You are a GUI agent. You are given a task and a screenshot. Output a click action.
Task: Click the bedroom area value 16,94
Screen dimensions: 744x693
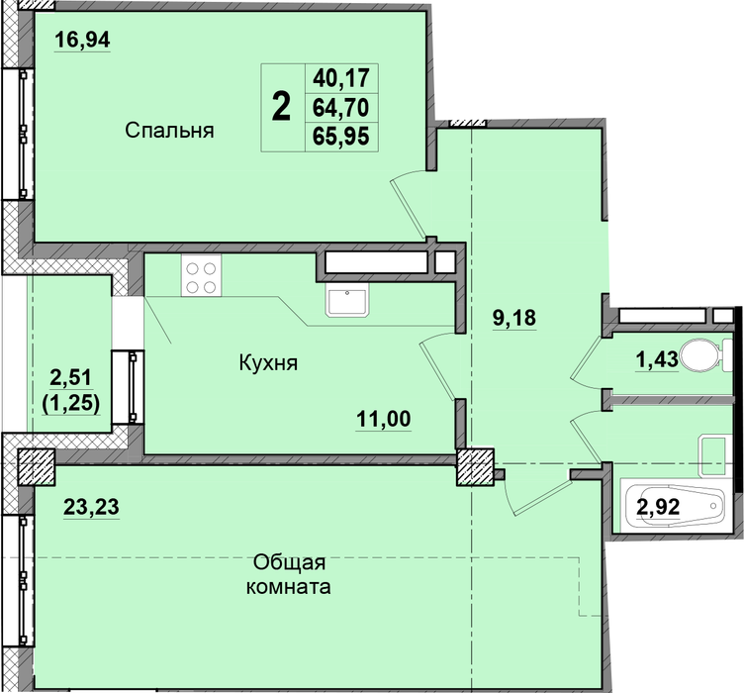(82, 40)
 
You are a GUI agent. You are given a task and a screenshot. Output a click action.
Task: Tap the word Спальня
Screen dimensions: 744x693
(169, 130)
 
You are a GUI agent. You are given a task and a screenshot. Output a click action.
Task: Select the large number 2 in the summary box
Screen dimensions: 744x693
(281, 107)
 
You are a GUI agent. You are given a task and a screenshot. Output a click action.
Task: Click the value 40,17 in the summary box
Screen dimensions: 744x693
(340, 78)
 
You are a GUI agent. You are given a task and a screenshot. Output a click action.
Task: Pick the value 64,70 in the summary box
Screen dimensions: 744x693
(340, 108)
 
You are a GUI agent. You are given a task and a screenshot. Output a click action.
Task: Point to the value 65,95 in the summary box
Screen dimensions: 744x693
(340, 137)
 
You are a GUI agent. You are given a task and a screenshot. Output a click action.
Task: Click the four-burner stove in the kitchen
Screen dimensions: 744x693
(201, 276)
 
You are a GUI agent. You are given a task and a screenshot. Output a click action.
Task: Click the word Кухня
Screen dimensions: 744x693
(268, 363)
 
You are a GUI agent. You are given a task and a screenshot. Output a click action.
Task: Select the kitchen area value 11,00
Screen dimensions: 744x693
(384, 419)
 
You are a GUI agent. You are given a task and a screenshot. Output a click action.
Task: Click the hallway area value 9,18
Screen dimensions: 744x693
(514, 317)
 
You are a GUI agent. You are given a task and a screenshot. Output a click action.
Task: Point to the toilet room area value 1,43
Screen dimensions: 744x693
(657, 360)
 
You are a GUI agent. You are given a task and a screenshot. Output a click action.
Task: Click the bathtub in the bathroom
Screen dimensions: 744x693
(673, 507)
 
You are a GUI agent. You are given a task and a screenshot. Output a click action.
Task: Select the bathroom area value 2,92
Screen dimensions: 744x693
(658, 507)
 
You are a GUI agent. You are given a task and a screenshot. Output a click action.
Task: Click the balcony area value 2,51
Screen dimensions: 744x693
(70, 378)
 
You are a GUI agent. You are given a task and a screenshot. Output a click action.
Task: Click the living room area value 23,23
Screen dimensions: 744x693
(91, 507)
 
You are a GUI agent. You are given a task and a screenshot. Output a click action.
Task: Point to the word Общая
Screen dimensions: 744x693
(289, 563)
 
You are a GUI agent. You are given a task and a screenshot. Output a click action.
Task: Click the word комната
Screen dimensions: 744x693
(289, 587)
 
